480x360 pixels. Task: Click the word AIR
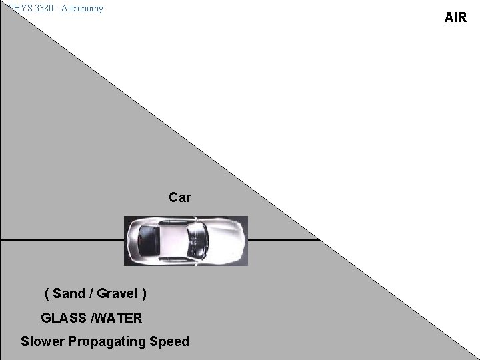coord(455,18)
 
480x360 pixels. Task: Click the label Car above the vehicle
coord(179,197)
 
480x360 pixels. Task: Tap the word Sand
coord(69,293)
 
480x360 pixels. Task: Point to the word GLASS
coord(64,318)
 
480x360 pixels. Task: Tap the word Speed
coord(169,341)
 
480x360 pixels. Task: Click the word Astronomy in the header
coord(83,9)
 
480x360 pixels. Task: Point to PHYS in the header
coord(16,9)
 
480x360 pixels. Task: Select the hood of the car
coord(227,240)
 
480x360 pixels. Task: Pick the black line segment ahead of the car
coord(283,239)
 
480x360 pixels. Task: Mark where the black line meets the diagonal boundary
coord(319,239)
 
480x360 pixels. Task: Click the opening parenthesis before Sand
coord(47,293)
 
